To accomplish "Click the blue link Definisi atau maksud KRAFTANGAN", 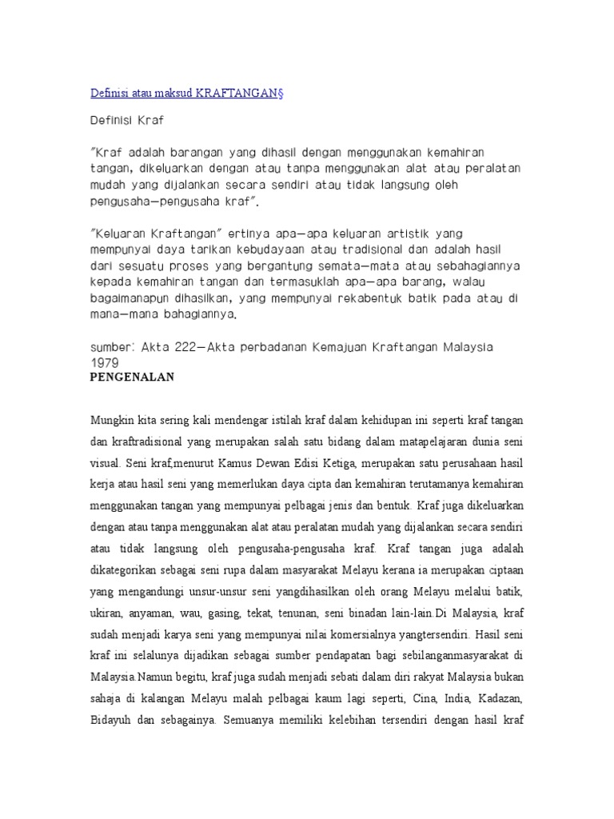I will pyautogui.click(x=186, y=93).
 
